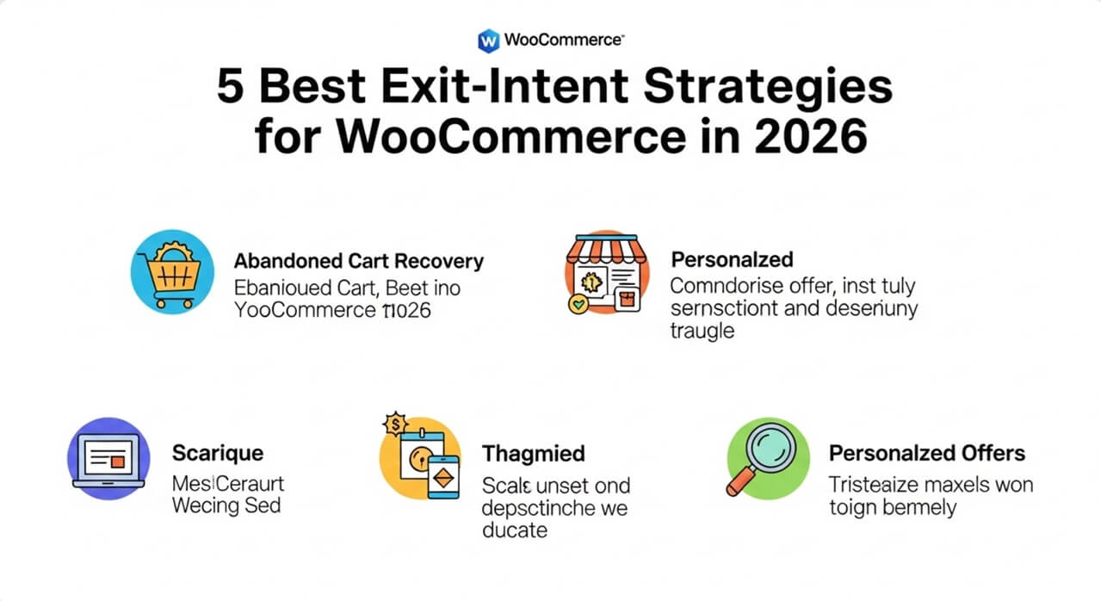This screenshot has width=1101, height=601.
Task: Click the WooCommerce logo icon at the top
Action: (x=488, y=40)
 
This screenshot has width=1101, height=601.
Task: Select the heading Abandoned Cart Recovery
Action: (x=358, y=261)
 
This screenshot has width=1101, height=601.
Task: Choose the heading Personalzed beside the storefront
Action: (x=731, y=259)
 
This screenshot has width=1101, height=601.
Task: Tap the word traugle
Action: (x=702, y=331)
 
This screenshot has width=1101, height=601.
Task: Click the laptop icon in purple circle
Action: (x=108, y=458)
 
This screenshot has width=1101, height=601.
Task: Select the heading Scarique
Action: (x=218, y=453)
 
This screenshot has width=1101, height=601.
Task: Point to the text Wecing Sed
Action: (x=226, y=505)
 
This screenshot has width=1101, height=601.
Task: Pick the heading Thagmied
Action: (x=533, y=453)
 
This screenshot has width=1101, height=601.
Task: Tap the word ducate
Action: (x=514, y=530)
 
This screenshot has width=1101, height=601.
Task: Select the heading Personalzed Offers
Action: (x=926, y=453)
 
